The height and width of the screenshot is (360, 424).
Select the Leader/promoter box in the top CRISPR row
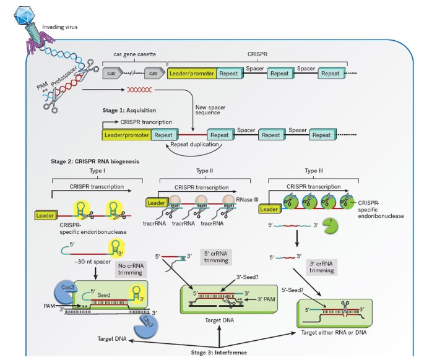[x=192, y=74]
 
